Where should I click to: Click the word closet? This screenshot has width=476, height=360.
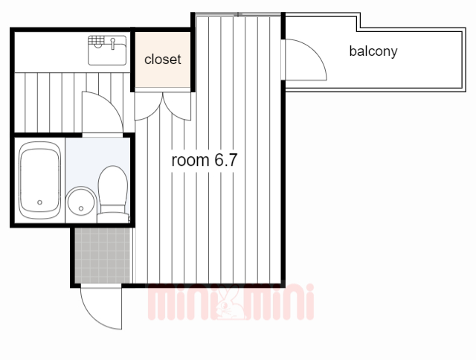click(x=163, y=60)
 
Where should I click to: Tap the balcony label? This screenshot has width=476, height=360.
click(x=373, y=51)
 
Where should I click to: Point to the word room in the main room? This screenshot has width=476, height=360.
click(x=190, y=160)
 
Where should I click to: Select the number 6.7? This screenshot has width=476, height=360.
click(x=225, y=160)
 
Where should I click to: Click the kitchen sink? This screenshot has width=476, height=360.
click(x=107, y=51)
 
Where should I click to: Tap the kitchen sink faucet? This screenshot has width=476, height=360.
click(x=113, y=43)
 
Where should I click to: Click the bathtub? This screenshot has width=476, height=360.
click(x=39, y=180)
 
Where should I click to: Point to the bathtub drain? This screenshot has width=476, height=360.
click(x=39, y=202)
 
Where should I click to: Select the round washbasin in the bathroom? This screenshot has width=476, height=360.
click(x=81, y=202)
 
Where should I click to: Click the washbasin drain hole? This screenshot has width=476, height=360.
click(x=81, y=208)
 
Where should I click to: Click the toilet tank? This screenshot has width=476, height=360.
click(x=113, y=217)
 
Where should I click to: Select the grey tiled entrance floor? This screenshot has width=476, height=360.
click(x=103, y=255)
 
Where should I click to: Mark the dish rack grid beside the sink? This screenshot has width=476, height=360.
click(x=96, y=40)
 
